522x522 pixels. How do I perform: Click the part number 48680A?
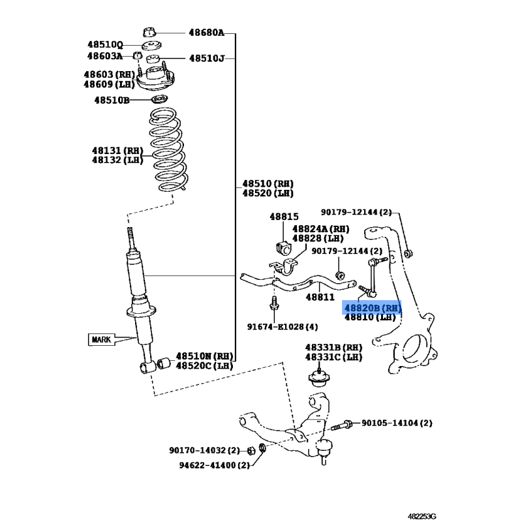(x=206, y=33)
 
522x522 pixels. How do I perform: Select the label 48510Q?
(x=105, y=44)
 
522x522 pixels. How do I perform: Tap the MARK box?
(x=101, y=339)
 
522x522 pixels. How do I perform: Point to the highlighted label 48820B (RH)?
(x=372, y=307)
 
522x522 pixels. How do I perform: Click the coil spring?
(x=168, y=149)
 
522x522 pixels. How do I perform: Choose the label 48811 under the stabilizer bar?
(x=320, y=297)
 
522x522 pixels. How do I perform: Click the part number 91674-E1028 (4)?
(x=283, y=327)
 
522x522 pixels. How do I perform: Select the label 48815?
(x=284, y=217)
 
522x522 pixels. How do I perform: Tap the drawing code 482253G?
(x=422, y=516)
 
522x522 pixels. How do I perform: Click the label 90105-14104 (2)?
(x=397, y=423)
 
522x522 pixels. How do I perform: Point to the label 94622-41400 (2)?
(x=215, y=465)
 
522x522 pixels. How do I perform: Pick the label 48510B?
(x=112, y=100)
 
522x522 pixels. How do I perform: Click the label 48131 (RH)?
(x=117, y=151)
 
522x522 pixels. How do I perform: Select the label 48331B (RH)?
(x=333, y=348)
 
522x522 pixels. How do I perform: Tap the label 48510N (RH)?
(x=204, y=356)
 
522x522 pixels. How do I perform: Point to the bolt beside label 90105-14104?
(x=341, y=425)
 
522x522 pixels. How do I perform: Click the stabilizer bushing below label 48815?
(x=283, y=248)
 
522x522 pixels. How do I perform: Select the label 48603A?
(x=105, y=56)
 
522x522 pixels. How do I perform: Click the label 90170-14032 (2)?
(x=204, y=450)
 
